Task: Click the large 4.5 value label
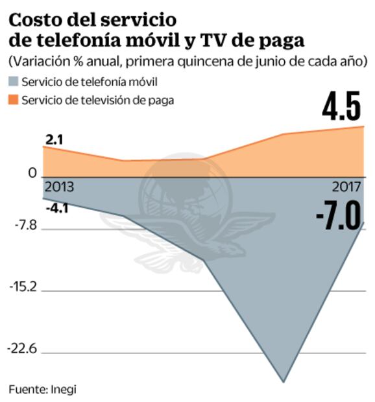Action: coord(341,107)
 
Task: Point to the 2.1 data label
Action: coord(53,138)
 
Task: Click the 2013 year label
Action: coord(58,187)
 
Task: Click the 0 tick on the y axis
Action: coord(32,173)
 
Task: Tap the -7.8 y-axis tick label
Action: coord(23,226)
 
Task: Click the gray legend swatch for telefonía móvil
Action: coord(13,82)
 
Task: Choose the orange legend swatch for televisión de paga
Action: coord(13,100)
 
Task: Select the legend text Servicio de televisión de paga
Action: coord(98,100)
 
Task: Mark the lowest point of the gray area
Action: coord(284,381)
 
